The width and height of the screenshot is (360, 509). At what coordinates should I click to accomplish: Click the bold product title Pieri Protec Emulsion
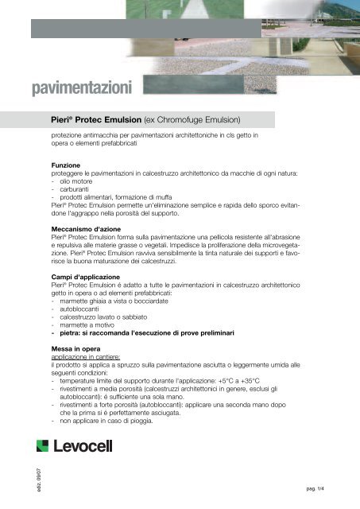(x=94, y=120)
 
